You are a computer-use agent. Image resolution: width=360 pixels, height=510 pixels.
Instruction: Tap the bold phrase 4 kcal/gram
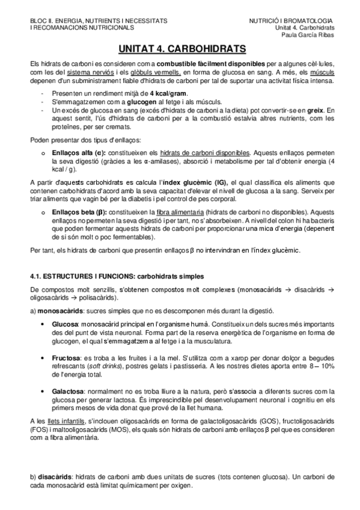pyautogui.click(x=169, y=94)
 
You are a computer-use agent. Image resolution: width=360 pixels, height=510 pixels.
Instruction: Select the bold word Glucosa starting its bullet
pyautogui.click(x=64, y=323)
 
